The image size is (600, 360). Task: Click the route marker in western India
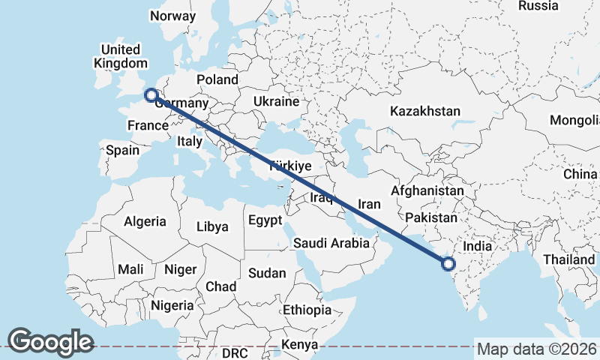(x=448, y=263)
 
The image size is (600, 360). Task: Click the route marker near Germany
(x=151, y=95)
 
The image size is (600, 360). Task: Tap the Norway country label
(x=172, y=16)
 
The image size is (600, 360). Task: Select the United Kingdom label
(x=120, y=56)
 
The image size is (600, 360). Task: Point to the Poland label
(x=217, y=79)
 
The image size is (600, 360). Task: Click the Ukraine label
(x=276, y=101)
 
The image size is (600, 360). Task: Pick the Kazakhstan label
(x=425, y=111)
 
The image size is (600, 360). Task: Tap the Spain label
(x=122, y=150)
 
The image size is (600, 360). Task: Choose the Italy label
(x=190, y=141)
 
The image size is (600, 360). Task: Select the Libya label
(x=211, y=226)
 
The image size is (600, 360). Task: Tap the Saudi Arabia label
(x=331, y=243)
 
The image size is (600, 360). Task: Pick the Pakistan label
(x=430, y=217)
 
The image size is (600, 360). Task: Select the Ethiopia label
(x=307, y=310)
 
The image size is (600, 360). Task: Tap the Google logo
(x=51, y=342)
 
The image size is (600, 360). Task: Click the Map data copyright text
(x=536, y=349)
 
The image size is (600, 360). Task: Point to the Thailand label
(x=569, y=259)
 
